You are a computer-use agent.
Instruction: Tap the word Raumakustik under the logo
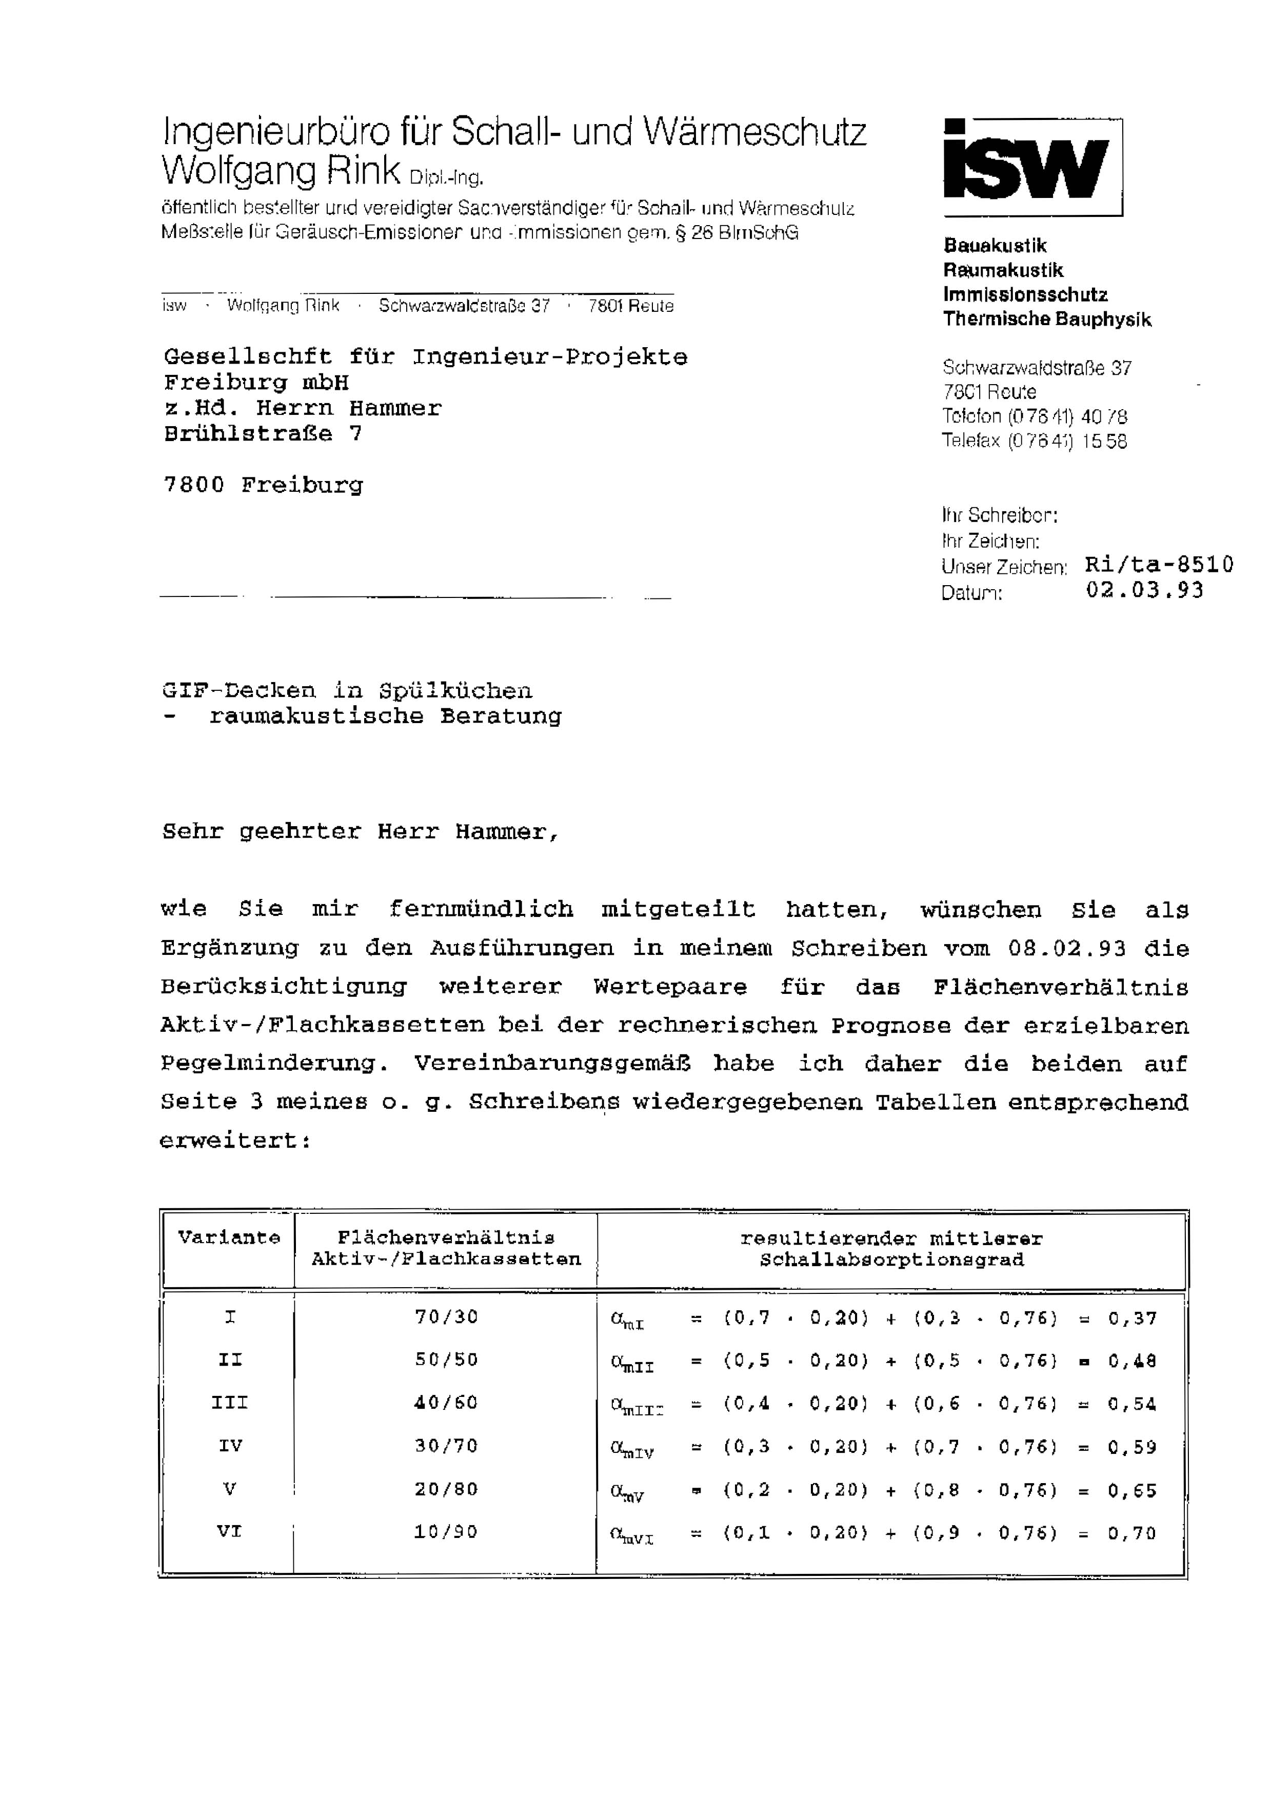point(1003,270)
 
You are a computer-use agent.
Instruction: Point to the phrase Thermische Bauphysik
point(1047,319)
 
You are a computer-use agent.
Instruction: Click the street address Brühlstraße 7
point(263,433)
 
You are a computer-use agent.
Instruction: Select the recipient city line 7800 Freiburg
point(263,485)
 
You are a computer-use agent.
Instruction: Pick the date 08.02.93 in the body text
point(1067,948)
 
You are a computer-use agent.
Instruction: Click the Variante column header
point(229,1238)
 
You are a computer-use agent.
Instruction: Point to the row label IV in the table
point(230,1446)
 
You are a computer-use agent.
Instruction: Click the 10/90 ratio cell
point(446,1532)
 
